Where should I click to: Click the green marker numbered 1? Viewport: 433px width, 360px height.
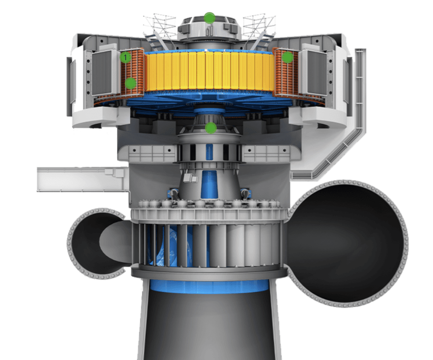(125, 58)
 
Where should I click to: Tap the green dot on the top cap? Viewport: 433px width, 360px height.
(210, 18)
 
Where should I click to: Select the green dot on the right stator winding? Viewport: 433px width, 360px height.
(287, 58)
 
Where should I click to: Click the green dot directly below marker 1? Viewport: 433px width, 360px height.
(130, 83)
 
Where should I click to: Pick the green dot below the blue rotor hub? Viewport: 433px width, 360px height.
(211, 128)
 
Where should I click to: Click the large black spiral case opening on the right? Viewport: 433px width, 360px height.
(348, 243)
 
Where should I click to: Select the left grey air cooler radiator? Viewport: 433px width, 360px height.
(101, 73)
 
